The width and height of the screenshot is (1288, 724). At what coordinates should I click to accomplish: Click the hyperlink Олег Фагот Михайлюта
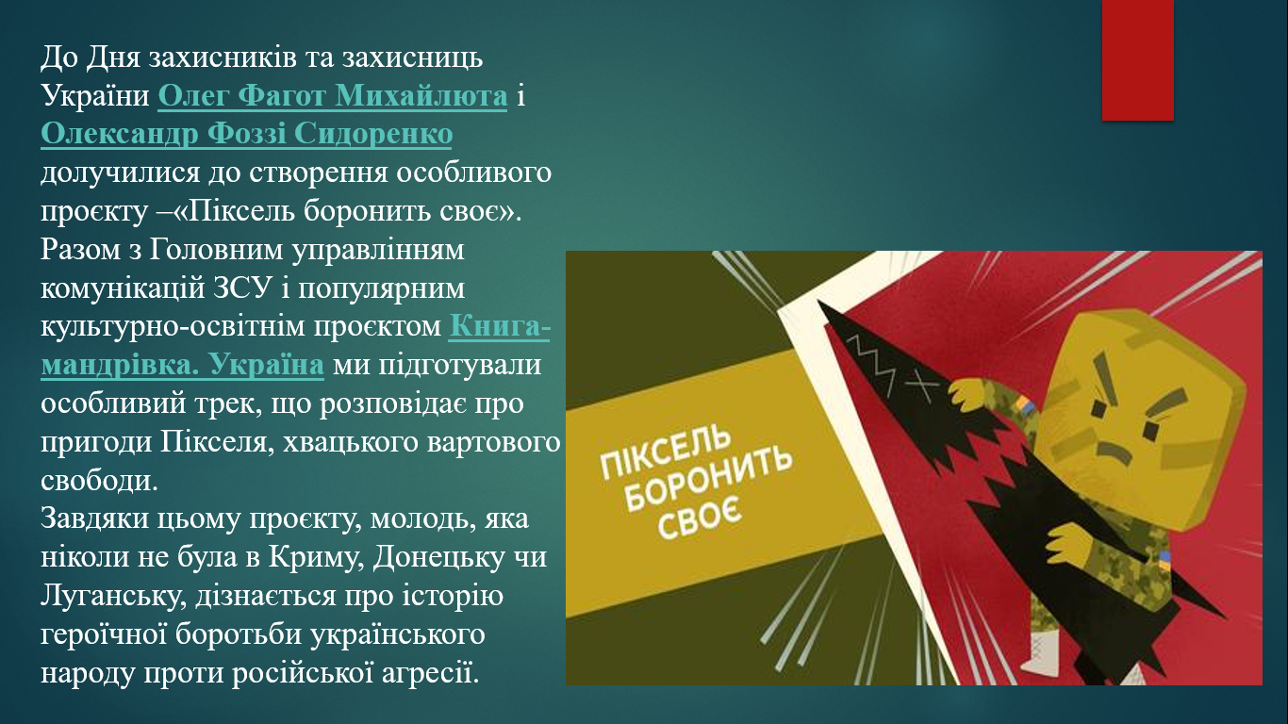(x=332, y=95)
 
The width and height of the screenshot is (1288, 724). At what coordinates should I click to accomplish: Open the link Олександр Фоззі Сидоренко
(x=247, y=134)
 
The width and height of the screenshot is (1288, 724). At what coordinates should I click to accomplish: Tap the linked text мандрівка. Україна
(x=182, y=365)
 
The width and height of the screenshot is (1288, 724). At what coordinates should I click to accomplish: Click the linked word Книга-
(x=499, y=326)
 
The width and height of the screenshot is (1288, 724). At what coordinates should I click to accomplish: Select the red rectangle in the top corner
(x=1137, y=59)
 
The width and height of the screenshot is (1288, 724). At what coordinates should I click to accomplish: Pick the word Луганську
(x=114, y=597)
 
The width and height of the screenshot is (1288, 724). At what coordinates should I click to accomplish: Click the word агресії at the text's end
(x=425, y=673)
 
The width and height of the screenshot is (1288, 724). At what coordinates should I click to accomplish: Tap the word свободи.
(x=99, y=480)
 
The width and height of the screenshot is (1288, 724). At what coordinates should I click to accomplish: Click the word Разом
(x=80, y=250)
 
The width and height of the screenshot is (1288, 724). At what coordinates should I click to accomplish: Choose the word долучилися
(x=120, y=173)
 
